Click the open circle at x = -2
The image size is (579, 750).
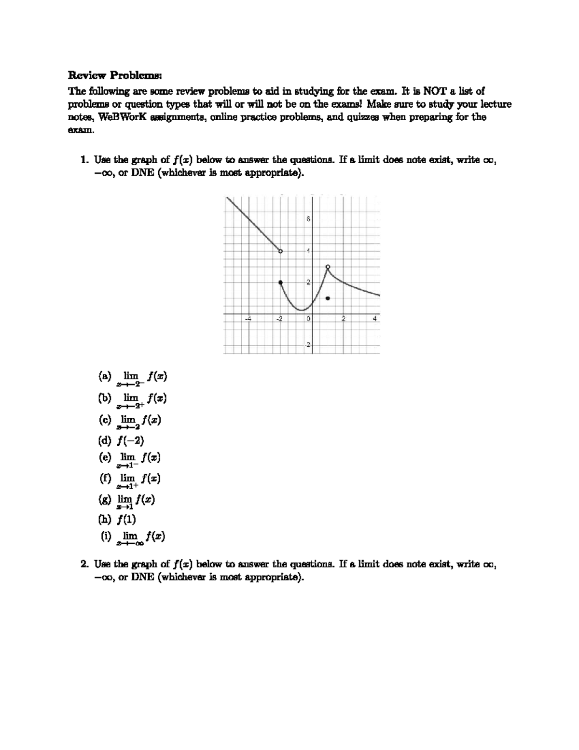(281, 251)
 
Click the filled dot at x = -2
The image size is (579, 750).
(281, 283)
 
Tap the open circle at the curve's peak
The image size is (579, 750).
(328, 267)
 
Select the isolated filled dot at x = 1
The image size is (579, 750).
(328, 298)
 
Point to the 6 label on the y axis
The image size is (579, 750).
(308, 220)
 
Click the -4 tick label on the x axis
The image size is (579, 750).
(248, 319)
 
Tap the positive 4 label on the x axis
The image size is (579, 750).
(375, 319)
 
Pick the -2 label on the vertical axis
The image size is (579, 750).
(307, 346)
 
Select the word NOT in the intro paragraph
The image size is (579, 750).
(433, 91)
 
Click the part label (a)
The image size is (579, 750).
(105, 375)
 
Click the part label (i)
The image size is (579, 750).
(106, 536)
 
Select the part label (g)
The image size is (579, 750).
(105, 499)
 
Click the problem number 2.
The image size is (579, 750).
(84, 564)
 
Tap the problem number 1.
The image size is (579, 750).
(84, 159)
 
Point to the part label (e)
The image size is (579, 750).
(105, 456)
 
